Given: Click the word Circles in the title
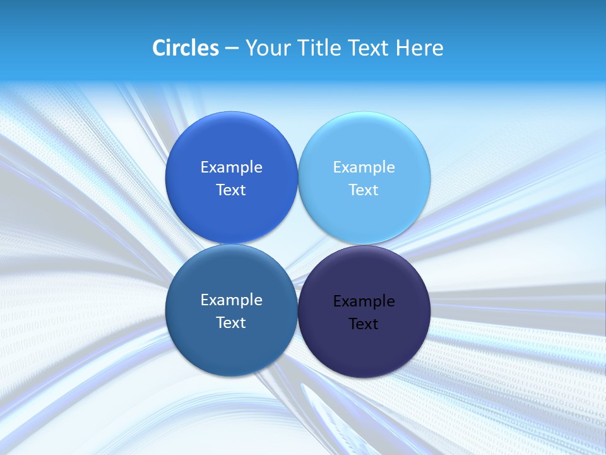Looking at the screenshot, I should click(186, 48).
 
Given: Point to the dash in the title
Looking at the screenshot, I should click(232, 49).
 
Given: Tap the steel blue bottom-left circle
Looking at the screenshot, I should click(231, 344).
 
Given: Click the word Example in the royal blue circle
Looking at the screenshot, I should click(231, 167).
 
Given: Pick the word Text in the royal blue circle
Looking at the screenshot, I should click(231, 190).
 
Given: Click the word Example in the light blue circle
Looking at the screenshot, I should click(364, 167).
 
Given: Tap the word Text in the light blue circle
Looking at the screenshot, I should click(364, 190).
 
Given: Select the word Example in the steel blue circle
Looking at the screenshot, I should click(231, 300).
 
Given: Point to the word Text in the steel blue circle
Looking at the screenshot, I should click(231, 322).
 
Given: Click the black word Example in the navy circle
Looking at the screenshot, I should click(364, 301).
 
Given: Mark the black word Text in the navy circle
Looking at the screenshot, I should click(364, 324).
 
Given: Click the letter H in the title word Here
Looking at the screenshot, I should click(402, 48).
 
